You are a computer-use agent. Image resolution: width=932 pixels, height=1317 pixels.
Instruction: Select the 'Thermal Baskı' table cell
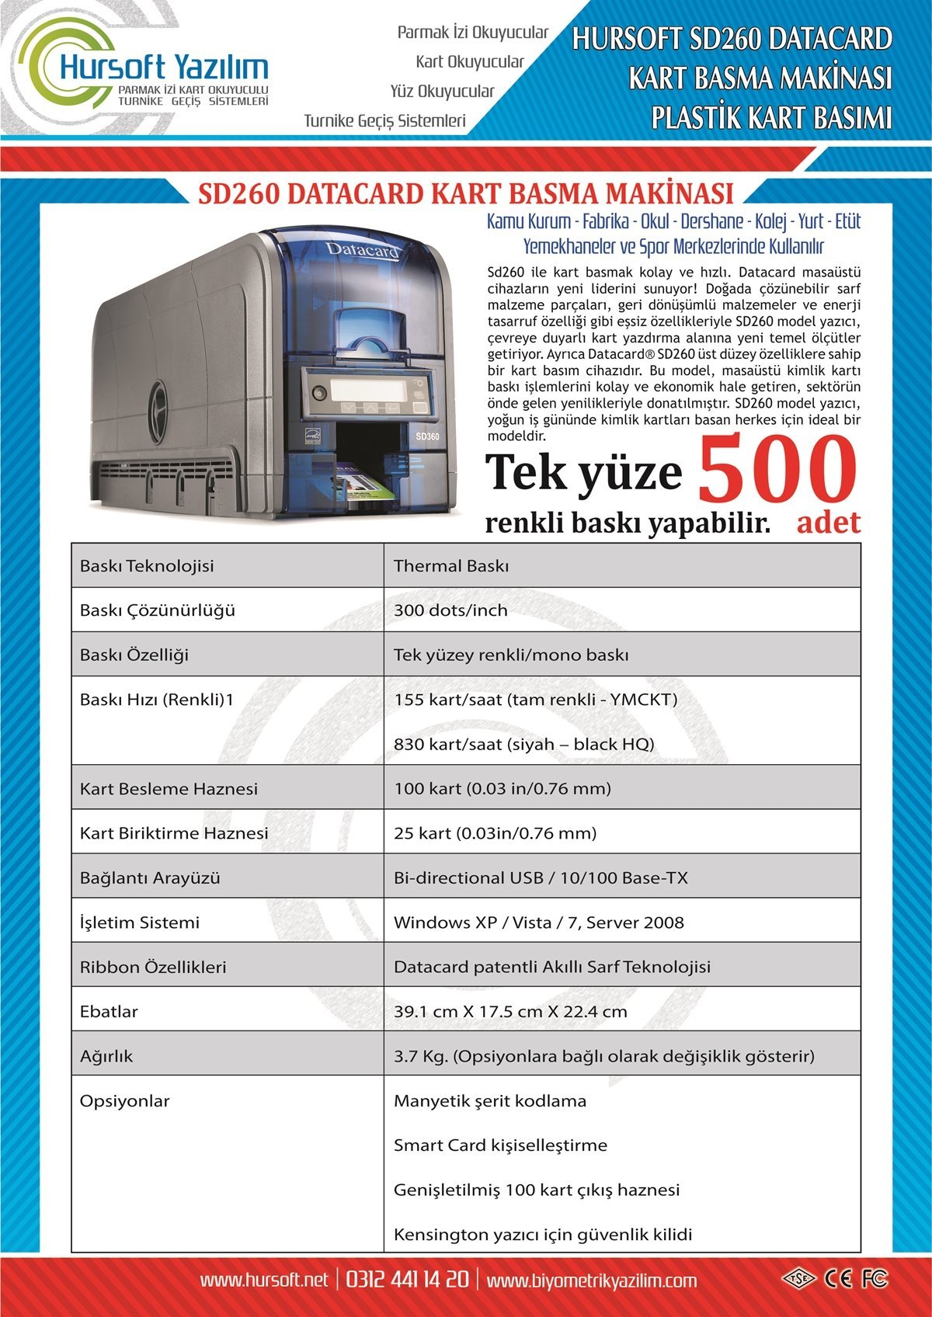[450, 566]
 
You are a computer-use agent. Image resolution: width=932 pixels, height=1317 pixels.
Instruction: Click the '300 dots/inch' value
[450, 610]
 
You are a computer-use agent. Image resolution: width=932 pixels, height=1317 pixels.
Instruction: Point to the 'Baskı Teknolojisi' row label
[147, 566]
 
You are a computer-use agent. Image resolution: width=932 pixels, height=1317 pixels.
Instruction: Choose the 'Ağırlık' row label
[106, 1056]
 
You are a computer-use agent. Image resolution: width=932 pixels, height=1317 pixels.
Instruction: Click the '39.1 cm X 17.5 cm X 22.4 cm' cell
[510, 1012]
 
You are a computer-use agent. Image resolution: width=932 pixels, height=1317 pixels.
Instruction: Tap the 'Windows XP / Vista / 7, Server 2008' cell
[539, 923]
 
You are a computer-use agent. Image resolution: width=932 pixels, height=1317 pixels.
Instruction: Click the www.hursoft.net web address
[264, 1280]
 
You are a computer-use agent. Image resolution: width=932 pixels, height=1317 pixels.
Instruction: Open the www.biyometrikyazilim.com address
[592, 1280]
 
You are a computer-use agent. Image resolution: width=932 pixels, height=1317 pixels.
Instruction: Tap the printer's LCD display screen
[367, 388]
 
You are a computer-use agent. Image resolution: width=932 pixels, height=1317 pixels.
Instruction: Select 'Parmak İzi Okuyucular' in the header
[472, 33]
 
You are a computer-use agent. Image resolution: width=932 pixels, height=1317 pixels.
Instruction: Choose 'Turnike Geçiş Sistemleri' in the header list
[384, 121]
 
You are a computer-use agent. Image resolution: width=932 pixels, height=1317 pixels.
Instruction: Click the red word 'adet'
[828, 522]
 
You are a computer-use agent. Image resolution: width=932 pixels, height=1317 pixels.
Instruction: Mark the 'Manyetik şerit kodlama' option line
[490, 1101]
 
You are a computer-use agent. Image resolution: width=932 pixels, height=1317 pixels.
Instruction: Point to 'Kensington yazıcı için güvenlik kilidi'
[543, 1235]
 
